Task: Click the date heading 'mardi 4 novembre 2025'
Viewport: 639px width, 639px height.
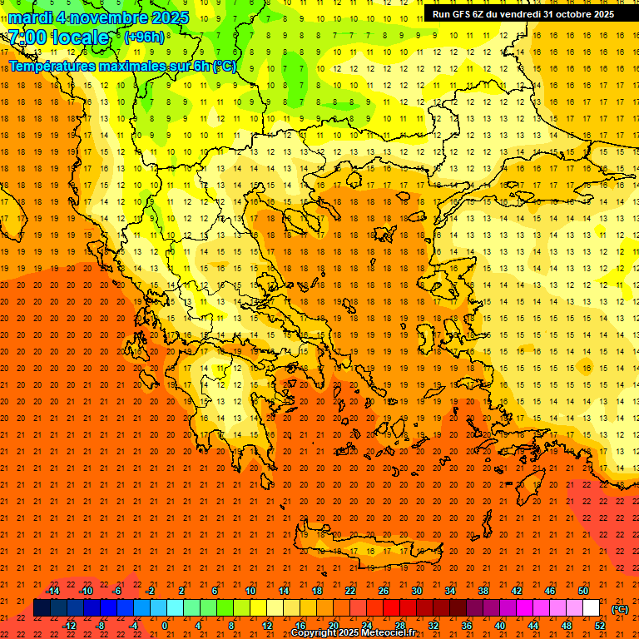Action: coord(99,17)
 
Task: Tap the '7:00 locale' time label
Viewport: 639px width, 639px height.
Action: coord(58,37)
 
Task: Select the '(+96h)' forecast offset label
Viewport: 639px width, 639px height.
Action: coord(144,37)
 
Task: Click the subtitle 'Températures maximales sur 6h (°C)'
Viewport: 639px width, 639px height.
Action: coord(121,66)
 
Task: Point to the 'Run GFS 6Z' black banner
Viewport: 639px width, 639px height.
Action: coord(523,14)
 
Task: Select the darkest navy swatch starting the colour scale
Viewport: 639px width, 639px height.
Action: coord(42,608)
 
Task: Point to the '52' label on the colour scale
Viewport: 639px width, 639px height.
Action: coord(600,626)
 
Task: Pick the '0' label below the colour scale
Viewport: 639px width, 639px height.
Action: coord(165,626)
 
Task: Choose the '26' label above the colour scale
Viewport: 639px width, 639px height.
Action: coord(384,591)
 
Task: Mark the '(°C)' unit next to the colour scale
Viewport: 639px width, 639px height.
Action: coord(619,608)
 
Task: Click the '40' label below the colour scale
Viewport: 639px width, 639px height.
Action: coord(500,626)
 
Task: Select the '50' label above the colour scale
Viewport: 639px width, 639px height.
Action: coord(583,591)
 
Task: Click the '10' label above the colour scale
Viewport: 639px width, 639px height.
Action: coord(250,591)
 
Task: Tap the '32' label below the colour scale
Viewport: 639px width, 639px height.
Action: coord(433,626)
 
